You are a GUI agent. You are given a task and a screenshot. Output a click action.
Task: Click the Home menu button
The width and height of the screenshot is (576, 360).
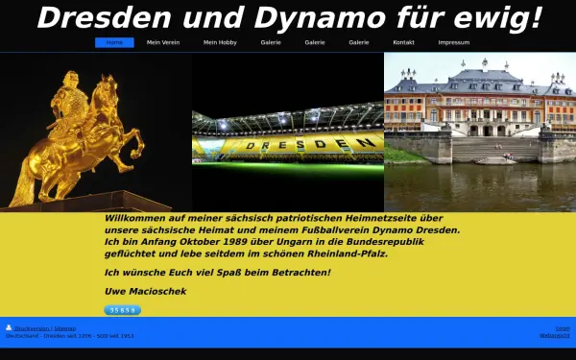coord(114,43)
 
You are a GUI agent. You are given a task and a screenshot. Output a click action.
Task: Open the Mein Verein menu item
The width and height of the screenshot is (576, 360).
coord(162,43)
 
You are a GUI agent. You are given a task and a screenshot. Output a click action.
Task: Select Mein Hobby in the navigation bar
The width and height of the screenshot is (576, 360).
coord(220,43)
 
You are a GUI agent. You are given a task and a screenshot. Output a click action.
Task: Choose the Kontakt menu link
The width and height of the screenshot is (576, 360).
coord(403,43)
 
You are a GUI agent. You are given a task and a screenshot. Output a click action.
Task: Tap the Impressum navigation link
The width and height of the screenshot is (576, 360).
coord(454,43)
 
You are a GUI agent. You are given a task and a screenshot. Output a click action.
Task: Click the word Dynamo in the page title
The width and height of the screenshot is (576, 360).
coord(300,17)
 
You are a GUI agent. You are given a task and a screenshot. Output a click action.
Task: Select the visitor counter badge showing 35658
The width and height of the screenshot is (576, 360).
coord(122,310)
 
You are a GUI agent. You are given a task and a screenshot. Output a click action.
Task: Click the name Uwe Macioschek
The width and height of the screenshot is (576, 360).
coord(145,291)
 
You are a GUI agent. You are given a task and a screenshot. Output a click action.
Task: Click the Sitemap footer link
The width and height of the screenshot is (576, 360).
coord(66,328)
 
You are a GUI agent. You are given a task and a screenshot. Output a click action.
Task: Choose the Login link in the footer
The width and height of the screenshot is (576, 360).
coord(563,328)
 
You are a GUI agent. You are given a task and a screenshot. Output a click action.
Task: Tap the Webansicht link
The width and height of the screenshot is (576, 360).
coord(554,336)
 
